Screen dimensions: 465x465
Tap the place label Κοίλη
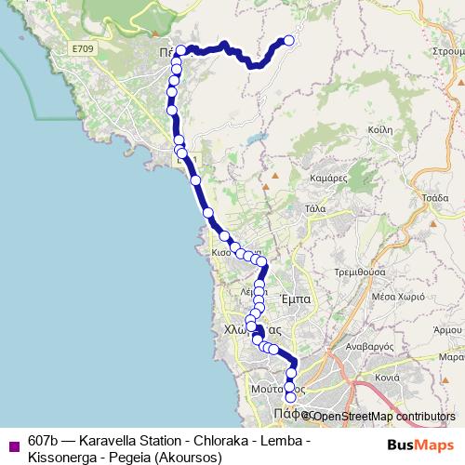coord(380,132)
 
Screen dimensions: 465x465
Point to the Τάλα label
coord(314,209)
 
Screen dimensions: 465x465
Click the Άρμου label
coord(449,330)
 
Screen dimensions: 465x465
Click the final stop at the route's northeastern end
coord(288,40)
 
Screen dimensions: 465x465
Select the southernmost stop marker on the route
coord(290,397)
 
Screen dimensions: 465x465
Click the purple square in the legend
coord(13,442)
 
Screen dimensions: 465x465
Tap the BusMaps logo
coord(419,445)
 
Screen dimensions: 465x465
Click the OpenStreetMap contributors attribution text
coord(381,417)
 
